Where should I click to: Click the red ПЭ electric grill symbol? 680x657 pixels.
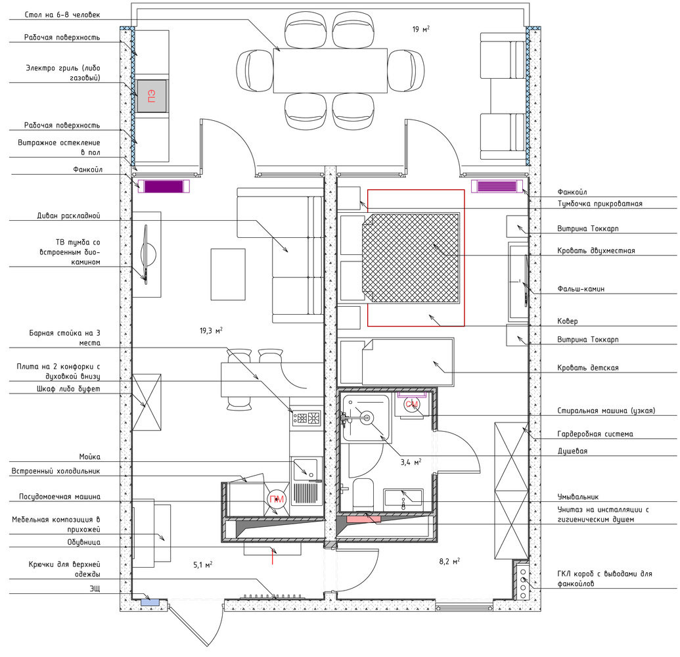(151, 96)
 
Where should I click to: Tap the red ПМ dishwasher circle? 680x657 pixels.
(277, 499)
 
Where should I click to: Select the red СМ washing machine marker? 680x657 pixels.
(411, 404)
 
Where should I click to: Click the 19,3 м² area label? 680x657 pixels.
(211, 331)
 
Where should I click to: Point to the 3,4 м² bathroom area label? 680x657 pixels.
(411, 463)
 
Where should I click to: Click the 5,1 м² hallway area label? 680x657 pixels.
(202, 564)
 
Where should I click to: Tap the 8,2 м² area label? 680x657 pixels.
(449, 561)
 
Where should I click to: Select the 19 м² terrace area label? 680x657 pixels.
(420, 29)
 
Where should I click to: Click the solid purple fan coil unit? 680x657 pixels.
(163, 187)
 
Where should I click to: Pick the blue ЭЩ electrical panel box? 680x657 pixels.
(150, 602)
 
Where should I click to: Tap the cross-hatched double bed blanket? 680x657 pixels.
(410, 258)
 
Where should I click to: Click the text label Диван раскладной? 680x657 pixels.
(68, 215)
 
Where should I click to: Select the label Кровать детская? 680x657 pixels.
(587, 368)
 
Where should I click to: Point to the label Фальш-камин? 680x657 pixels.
(581, 289)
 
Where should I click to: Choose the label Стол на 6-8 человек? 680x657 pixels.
(62, 14)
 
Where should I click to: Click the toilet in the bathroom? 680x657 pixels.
(363, 494)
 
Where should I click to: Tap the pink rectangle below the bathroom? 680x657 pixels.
(363, 518)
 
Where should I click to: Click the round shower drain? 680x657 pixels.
(367, 418)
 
